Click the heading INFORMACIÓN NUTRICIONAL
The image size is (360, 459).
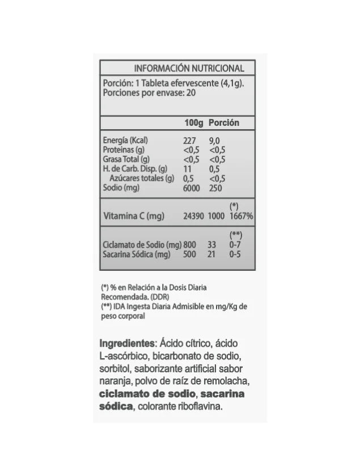click(189, 69)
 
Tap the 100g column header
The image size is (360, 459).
click(194, 123)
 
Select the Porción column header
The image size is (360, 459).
click(224, 123)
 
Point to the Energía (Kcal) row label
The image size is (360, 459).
click(126, 141)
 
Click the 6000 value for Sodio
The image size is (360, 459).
click(192, 188)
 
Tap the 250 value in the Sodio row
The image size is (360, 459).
click(216, 188)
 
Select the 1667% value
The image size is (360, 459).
click(241, 216)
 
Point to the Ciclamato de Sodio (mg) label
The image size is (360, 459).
click(142, 245)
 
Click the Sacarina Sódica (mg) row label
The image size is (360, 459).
click(137, 254)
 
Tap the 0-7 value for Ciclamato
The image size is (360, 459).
click(235, 245)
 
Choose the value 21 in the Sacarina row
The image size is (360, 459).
click(213, 254)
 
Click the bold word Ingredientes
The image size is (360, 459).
click(128, 344)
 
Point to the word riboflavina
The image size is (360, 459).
click(204, 407)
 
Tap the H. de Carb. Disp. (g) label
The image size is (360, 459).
click(135, 169)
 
